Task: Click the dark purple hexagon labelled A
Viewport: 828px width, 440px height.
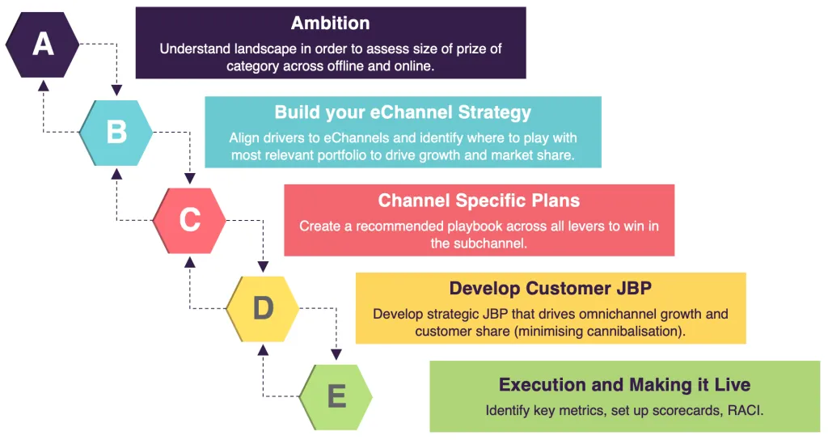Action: [x=42, y=44]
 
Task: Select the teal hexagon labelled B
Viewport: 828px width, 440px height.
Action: [x=116, y=133]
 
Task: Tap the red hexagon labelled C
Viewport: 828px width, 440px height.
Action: [x=189, y=220]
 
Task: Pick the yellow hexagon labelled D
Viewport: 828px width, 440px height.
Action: [x=263, y=308]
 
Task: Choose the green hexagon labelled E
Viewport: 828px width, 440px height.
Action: [x=336, y=396]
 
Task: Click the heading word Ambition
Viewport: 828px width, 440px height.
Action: [x=331, y=23]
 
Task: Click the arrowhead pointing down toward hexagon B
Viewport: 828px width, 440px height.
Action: [x=116, y=91]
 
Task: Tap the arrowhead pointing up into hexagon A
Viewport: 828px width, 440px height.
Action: [x=44, y=84]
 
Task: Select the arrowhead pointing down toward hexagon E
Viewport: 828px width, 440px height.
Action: [x=336, y=354]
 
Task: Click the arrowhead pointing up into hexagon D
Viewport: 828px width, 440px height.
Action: [x=263, y=349]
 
